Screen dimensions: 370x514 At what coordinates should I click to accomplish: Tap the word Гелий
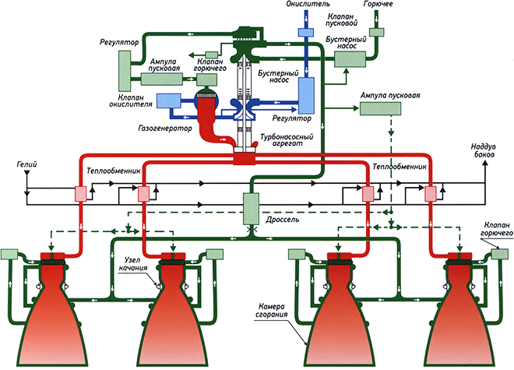pos(26,166)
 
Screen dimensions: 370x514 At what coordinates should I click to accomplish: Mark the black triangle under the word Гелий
pos(29,188)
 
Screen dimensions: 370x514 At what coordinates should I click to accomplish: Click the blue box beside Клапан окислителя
pos(168,101)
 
